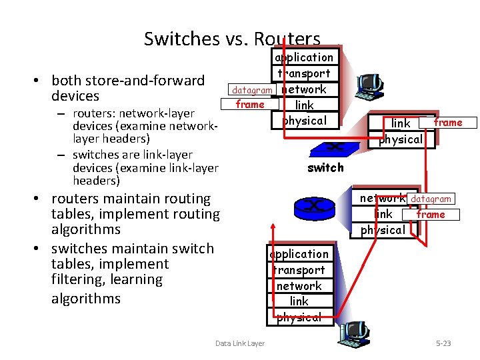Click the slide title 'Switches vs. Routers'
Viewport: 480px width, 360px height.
(232, 39)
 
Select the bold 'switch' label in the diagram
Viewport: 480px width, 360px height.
(325, 168)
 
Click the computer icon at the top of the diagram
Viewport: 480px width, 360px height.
(369, 83)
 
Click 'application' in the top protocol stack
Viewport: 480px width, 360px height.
(304, 57)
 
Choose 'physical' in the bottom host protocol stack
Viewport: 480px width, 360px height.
(299, 317)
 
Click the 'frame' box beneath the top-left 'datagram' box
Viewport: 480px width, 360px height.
(250, 104)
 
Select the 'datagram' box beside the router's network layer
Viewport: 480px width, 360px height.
(431, 199)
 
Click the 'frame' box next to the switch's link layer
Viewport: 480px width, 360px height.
(447, 123)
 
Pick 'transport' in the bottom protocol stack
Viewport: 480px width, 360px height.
(299, 270)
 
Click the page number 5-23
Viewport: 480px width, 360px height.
(443, 343)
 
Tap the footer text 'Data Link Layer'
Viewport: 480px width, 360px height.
(240, 343)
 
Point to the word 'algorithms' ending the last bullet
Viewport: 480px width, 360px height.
(86, 298)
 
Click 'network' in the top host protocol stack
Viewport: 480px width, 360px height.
(304, 89)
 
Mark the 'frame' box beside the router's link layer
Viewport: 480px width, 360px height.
(431, 214)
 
